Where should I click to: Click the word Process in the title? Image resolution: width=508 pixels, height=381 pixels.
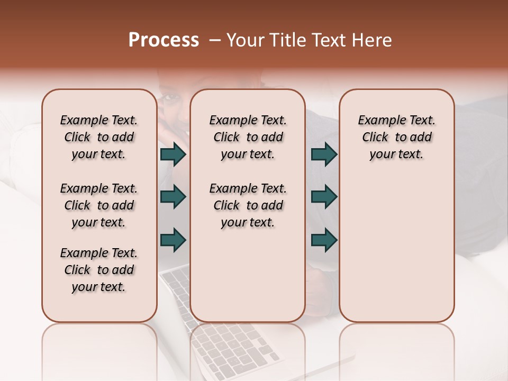pos(164,40)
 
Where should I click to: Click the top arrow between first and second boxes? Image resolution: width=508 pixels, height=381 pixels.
pos(173,155)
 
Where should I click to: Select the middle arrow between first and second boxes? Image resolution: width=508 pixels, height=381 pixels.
pos(173,197)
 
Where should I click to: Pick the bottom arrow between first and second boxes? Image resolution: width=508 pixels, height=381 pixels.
pos(173,240)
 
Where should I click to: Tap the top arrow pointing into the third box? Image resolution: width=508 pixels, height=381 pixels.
pos(324,155)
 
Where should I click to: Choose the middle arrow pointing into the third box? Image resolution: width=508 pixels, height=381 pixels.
pos(324,197)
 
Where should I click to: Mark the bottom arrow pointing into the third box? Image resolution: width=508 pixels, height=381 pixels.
pos(324,240)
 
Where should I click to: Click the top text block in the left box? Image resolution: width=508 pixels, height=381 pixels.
pos(99,137)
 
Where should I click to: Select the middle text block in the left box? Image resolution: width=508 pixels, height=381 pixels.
pos(99,205)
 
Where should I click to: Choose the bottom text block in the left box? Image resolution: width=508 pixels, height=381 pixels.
pos(99,270)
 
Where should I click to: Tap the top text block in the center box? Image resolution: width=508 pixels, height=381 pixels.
pos(248,137)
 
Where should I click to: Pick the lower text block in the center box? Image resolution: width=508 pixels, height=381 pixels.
pos(248,205)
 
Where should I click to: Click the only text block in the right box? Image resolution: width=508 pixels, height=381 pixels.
pos(396,137)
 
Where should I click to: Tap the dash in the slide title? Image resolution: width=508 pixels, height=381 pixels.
pos(215,41)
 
